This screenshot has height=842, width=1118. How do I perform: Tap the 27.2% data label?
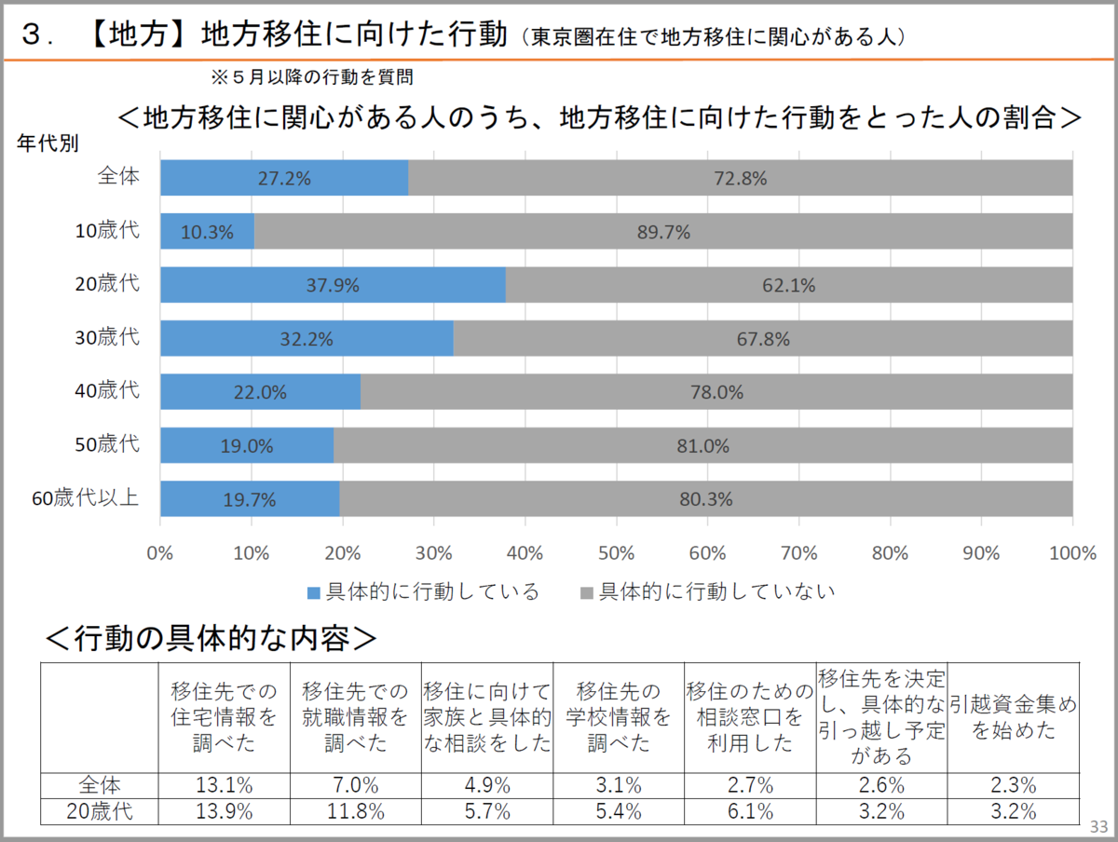pos(284,179)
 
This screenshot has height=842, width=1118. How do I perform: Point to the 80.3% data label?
pos(705,499)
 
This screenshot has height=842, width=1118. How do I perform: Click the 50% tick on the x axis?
pos(616,553)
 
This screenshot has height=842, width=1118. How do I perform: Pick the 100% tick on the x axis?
pos(1071,553)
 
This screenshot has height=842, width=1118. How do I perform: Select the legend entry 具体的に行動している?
pos(423,592)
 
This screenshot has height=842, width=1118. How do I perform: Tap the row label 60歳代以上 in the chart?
pos(86,498)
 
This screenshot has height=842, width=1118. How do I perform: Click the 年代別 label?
pos(48,144)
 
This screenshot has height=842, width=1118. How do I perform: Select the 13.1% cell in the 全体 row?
pos(224,785)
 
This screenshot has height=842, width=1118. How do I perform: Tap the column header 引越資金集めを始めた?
pos(1013,717)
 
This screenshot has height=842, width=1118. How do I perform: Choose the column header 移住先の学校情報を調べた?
pos(618,717)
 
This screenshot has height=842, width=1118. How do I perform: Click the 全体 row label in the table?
pos(99,785)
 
